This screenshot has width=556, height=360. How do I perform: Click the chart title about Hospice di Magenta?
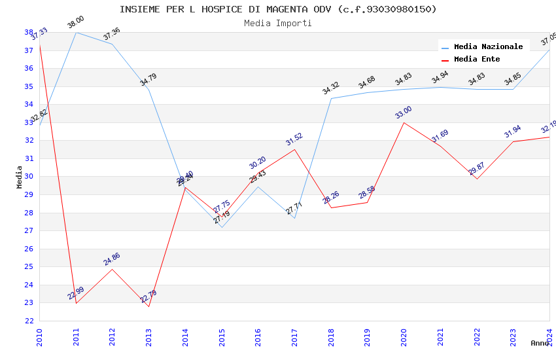pos(278,9)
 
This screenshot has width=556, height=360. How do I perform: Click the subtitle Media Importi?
pos(278,23)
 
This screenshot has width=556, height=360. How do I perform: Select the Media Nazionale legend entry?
pos(488,46)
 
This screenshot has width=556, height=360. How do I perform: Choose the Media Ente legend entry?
pos(477,59)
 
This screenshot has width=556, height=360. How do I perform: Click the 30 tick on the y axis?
pos(29,177)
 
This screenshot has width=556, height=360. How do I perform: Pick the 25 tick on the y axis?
pos(29,267)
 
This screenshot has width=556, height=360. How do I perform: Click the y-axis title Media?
pos(20,177)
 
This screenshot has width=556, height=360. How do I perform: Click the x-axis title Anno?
pos(540,343)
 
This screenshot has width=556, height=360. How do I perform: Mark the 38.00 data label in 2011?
pos(76,23)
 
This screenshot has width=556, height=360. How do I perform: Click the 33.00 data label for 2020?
pos(404,113)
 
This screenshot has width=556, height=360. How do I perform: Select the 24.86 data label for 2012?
pos(112,259)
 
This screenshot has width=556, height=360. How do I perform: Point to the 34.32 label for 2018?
pos(331,88)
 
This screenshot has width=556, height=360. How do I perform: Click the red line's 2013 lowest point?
pos(149,306)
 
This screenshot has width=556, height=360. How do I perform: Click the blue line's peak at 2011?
pos(77,32)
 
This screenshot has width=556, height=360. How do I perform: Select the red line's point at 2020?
pos(404,122)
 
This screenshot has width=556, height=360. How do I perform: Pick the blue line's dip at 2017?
pos(295,218)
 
